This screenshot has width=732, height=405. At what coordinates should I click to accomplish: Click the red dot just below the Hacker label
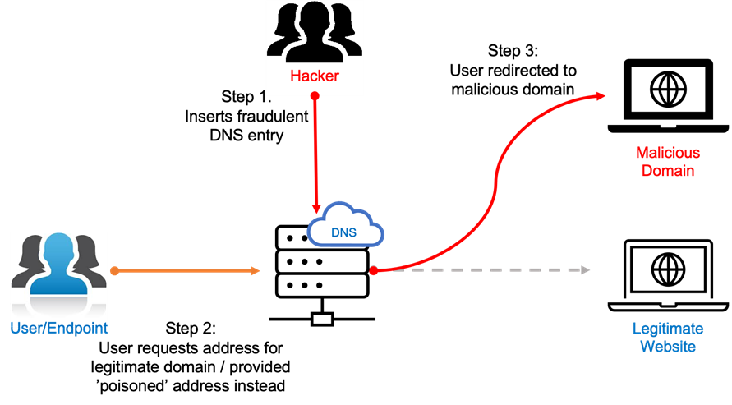pos(315,96)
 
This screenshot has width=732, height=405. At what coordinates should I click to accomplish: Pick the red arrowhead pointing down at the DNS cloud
pos(315,209)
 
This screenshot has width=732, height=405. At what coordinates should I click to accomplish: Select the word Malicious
pos(668,153)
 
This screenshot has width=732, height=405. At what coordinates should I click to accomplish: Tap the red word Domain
pos(668,171)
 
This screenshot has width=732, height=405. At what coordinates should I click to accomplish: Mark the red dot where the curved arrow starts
pos(373,270)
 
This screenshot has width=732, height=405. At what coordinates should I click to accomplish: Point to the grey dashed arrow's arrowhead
pos(586,270)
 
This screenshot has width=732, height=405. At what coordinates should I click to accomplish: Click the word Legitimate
pos(668,329)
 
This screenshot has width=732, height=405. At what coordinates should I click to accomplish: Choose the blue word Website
pos(668,347)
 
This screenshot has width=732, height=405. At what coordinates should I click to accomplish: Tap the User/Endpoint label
pos(59,329)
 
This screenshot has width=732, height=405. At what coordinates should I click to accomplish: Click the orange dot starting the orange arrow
pos(114,270)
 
